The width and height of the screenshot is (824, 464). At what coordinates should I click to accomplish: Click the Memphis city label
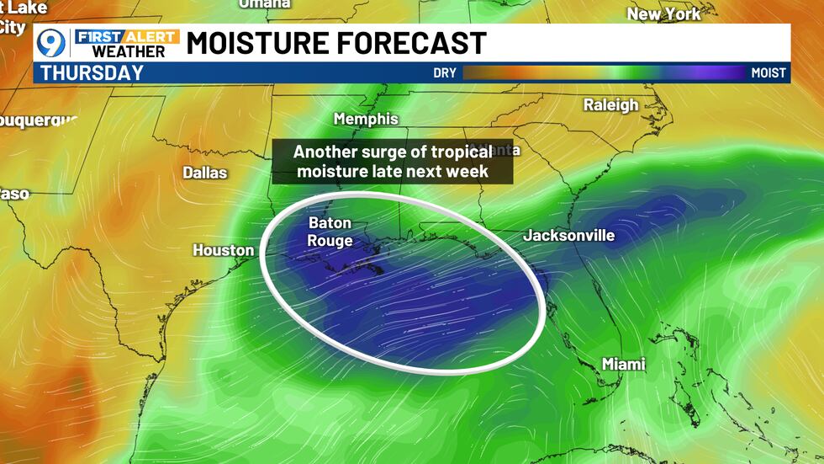pyautogui.click(x=365, y=119)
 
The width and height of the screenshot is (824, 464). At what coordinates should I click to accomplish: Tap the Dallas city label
pyautogui.click(x=205, y=173)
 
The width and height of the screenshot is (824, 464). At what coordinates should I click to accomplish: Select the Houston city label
pyautogui.click(x=223, y=250)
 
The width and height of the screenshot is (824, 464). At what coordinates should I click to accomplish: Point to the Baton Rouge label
pyautogui.click(x=330, y=232)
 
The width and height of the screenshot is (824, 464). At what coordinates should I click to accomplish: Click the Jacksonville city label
pyautogui.click(x=568, y=236)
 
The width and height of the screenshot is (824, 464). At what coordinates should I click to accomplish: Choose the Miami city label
pyautogui.click(x=623, y=364)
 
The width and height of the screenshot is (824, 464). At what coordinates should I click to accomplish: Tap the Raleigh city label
pyautogui.click(x=610, y=105)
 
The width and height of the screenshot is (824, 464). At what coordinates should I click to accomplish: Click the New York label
pyautogui.click(x=663, y=13)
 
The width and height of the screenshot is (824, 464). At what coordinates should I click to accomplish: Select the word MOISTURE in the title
pyautogui.click(x=257, y=42)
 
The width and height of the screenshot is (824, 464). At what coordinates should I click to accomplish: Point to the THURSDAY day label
pyautogui.click(x=92, y=72)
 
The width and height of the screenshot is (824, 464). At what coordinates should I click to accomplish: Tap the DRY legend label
pyautogui.click(x=445, y=73)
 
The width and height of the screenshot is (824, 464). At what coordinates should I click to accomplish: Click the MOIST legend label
pyautogui.click(x=768, y=73)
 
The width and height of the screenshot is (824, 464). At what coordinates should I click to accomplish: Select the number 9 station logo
pyautogui.click(x=52, y=42)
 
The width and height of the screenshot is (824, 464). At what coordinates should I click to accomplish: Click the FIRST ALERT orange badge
pyautogui.click(x=126, y=35)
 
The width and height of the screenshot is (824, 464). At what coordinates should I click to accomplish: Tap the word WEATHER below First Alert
pyautogui.click(x=129, y=51)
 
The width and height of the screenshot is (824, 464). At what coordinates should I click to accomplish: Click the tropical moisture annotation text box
pyautogui.click(x=392, y=162)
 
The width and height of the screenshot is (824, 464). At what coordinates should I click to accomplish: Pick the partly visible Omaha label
pyautogui.click(x=265, y=4)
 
